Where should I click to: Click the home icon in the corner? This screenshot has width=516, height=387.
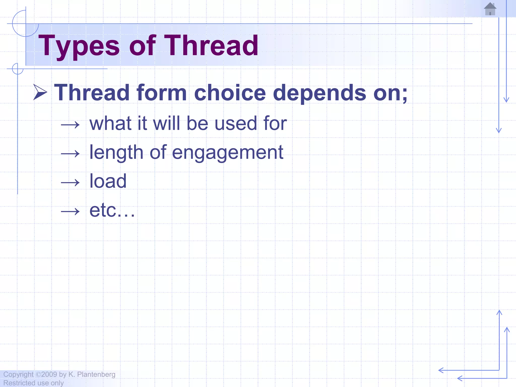[490, 9]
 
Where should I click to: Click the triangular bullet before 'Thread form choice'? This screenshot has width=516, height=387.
[40, 92]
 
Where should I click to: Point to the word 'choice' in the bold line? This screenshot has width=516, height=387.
[230, 93]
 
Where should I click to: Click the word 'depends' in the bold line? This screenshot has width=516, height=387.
[319, 93]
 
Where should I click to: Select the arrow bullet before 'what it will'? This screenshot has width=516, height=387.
[70, 124]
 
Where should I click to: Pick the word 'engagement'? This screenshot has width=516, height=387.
[228, 153]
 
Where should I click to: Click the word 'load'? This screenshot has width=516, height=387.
[108, 181]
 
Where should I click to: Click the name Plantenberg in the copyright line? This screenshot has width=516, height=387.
[96, 374]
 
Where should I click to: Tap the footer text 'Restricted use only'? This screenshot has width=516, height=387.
[34, 383]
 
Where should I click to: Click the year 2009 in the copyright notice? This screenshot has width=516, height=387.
[49, 374]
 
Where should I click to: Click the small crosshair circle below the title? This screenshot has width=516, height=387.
[18, 69]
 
